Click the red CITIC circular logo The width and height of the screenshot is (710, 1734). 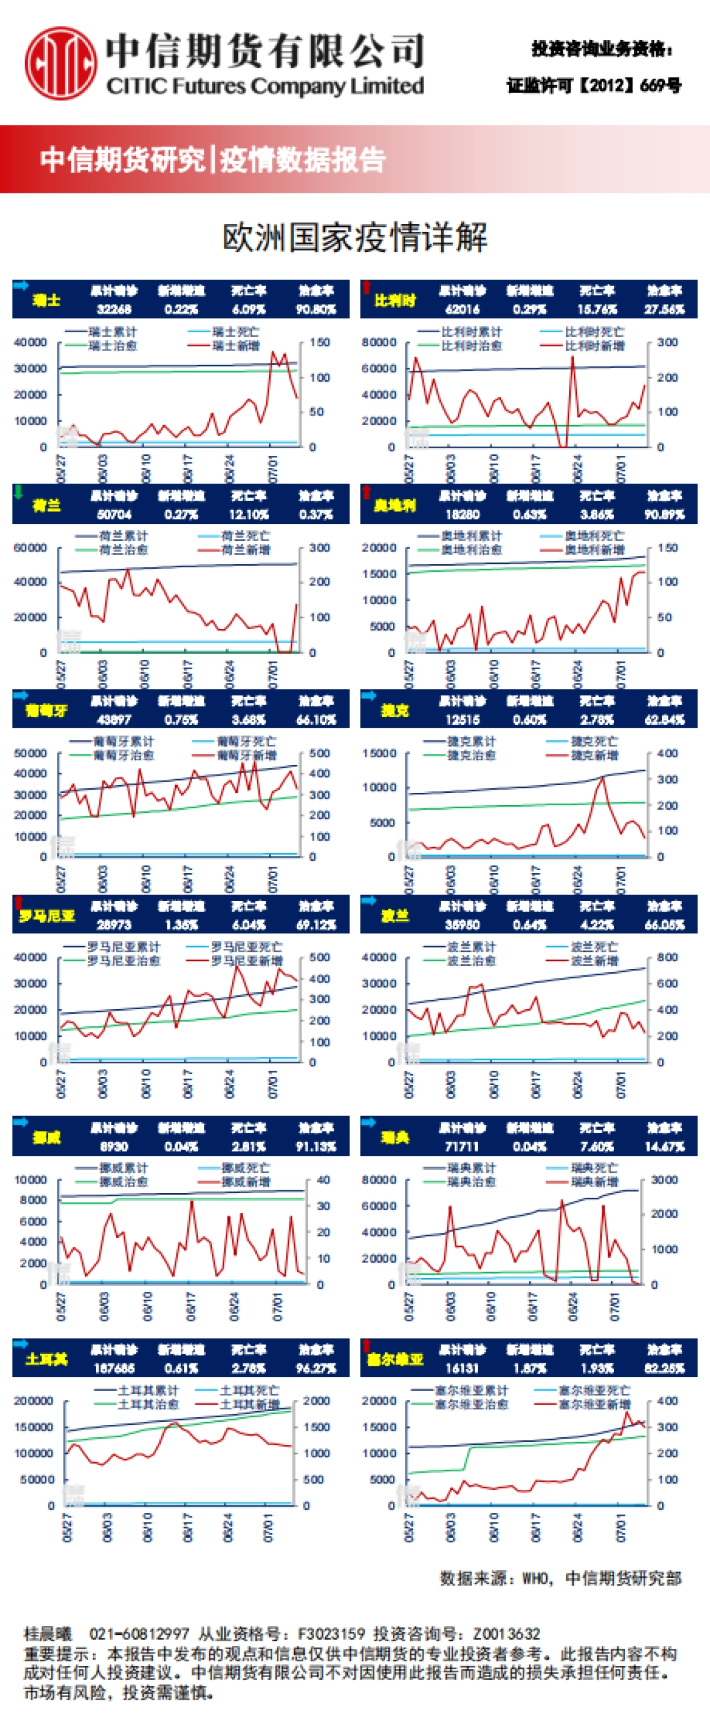[x=60, y=62]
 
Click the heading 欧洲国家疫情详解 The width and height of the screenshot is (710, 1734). [x=354, y=238]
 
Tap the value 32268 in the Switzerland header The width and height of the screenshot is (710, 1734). [x=114, y=310]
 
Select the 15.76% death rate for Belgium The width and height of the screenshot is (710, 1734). [x=597, y=310]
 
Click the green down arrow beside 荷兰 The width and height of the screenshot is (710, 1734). [x=19, y=491]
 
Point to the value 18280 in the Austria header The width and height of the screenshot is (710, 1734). [x=462, y=514]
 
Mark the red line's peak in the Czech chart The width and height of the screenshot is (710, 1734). [x=603, y=777]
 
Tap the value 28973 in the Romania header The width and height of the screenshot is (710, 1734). [x=114, y=925]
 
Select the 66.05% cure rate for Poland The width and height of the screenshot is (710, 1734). [x=664, y=925]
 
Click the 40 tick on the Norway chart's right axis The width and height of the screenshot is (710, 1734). [x=323, y=1179]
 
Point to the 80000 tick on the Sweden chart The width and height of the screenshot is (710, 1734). [x=379, y=1179]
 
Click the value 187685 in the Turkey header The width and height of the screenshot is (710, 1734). [x=114, y=1369]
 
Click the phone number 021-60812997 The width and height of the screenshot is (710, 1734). [x=140, y=1633]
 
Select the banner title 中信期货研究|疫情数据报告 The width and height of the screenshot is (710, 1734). [x=213, y=160]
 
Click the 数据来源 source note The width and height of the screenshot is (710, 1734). [x=560, y=1579]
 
